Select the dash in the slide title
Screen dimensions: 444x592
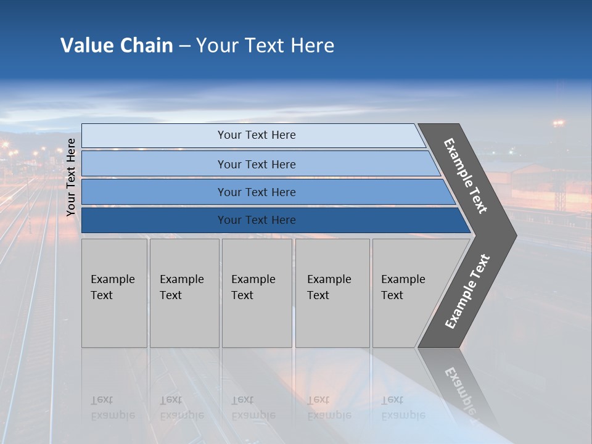click(x=184, y=46)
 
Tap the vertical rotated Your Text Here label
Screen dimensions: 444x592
click(x=71, y=178)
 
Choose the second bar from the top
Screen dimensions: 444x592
click(x=257, y=164)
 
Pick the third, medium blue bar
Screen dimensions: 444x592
click(x=257, y=192)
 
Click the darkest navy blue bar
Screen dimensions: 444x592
click(x=257, y=220)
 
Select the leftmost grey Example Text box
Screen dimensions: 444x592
click(x=114, y=293)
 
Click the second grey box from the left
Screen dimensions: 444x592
click(x=184, y=293)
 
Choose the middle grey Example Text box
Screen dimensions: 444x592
click(x=257, y=293)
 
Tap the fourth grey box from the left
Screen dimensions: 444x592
click(x=332, y=293)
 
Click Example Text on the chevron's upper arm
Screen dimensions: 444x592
click(x=466, y=176)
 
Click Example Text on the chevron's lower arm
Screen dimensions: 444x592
click(x=467, y=292)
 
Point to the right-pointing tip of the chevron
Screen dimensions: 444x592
click(x=513, y=235)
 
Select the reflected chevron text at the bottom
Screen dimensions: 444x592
click(x=461, y=392)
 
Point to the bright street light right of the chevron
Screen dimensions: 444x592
click(x=558, y=124)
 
